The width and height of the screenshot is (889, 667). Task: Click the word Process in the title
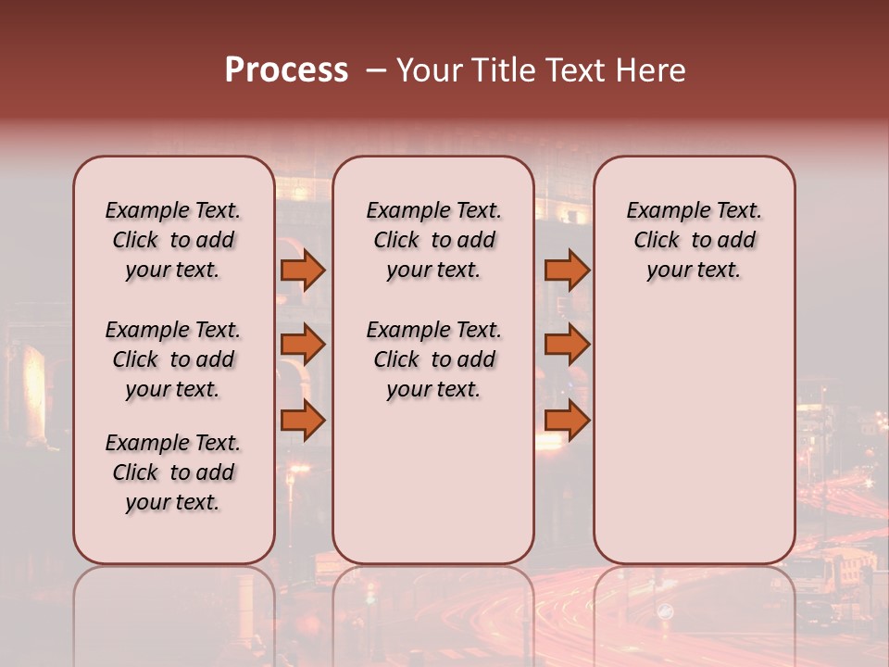[286, 70]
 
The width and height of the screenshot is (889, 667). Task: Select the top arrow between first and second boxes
[303, 271]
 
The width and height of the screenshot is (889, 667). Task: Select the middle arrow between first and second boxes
[303, 345]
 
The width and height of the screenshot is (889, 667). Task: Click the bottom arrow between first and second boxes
[303, 421]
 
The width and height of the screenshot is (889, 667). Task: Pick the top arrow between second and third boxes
[567, 271]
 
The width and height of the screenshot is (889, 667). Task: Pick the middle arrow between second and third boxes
[567, 345]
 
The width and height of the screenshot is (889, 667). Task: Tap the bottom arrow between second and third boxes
[567, 421]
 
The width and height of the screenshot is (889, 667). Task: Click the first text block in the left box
[173, 240]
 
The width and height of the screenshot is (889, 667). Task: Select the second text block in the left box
[173, 359]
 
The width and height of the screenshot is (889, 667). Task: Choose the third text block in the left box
[173, 472]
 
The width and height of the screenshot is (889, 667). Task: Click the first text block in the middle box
[433, 240]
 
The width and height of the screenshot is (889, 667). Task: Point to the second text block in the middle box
[433, 359]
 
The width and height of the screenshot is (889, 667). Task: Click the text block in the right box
[695, 240]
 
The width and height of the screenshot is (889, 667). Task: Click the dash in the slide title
[376, 70]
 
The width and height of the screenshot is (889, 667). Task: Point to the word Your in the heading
[430, 70]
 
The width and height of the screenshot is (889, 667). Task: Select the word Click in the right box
[657, 241]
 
